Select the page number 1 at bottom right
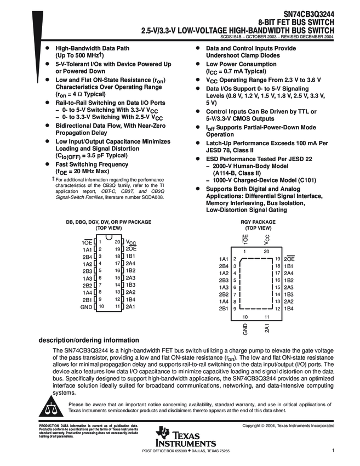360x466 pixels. pyautogui.click(x=333, y=451)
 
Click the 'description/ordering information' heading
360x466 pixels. pyautogui.click(x=89, y=340)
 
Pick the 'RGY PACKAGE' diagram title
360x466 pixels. pyautogui.click(x=258, y=222)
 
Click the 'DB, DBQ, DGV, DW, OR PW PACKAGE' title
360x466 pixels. pyautogui.click(x=108, y=222)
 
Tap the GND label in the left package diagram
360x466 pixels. pyautogui.click(x=85, y=306)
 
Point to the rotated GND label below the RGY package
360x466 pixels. pyautogui.click(x=245, y=329)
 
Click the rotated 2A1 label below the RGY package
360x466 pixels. pyautogui.click(x=267, y=328)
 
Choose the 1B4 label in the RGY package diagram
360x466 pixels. pyautogui.click(x=289, y=309)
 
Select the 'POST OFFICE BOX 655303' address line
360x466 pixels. pyautogui.click(x=165, y=451)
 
